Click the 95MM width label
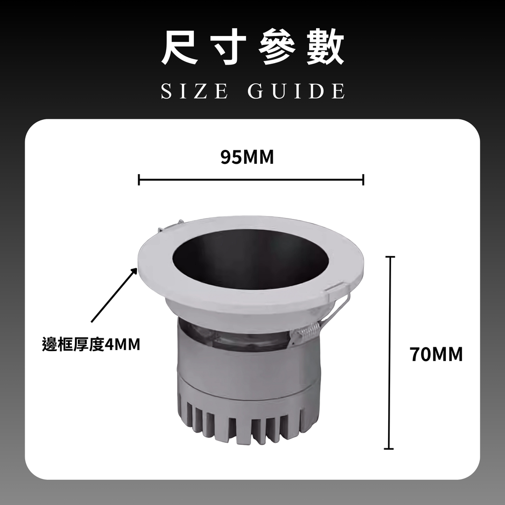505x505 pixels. pos(247,157)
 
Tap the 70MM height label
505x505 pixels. pos(436,355)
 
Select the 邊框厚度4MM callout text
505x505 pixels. pos(91,344)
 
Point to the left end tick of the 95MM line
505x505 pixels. pos(139,180)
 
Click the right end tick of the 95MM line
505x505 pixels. pos(363,180)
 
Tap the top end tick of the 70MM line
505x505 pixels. pos(390,257)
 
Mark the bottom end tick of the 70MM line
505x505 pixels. pos(389,448)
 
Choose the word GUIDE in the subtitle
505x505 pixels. pos(296,91)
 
